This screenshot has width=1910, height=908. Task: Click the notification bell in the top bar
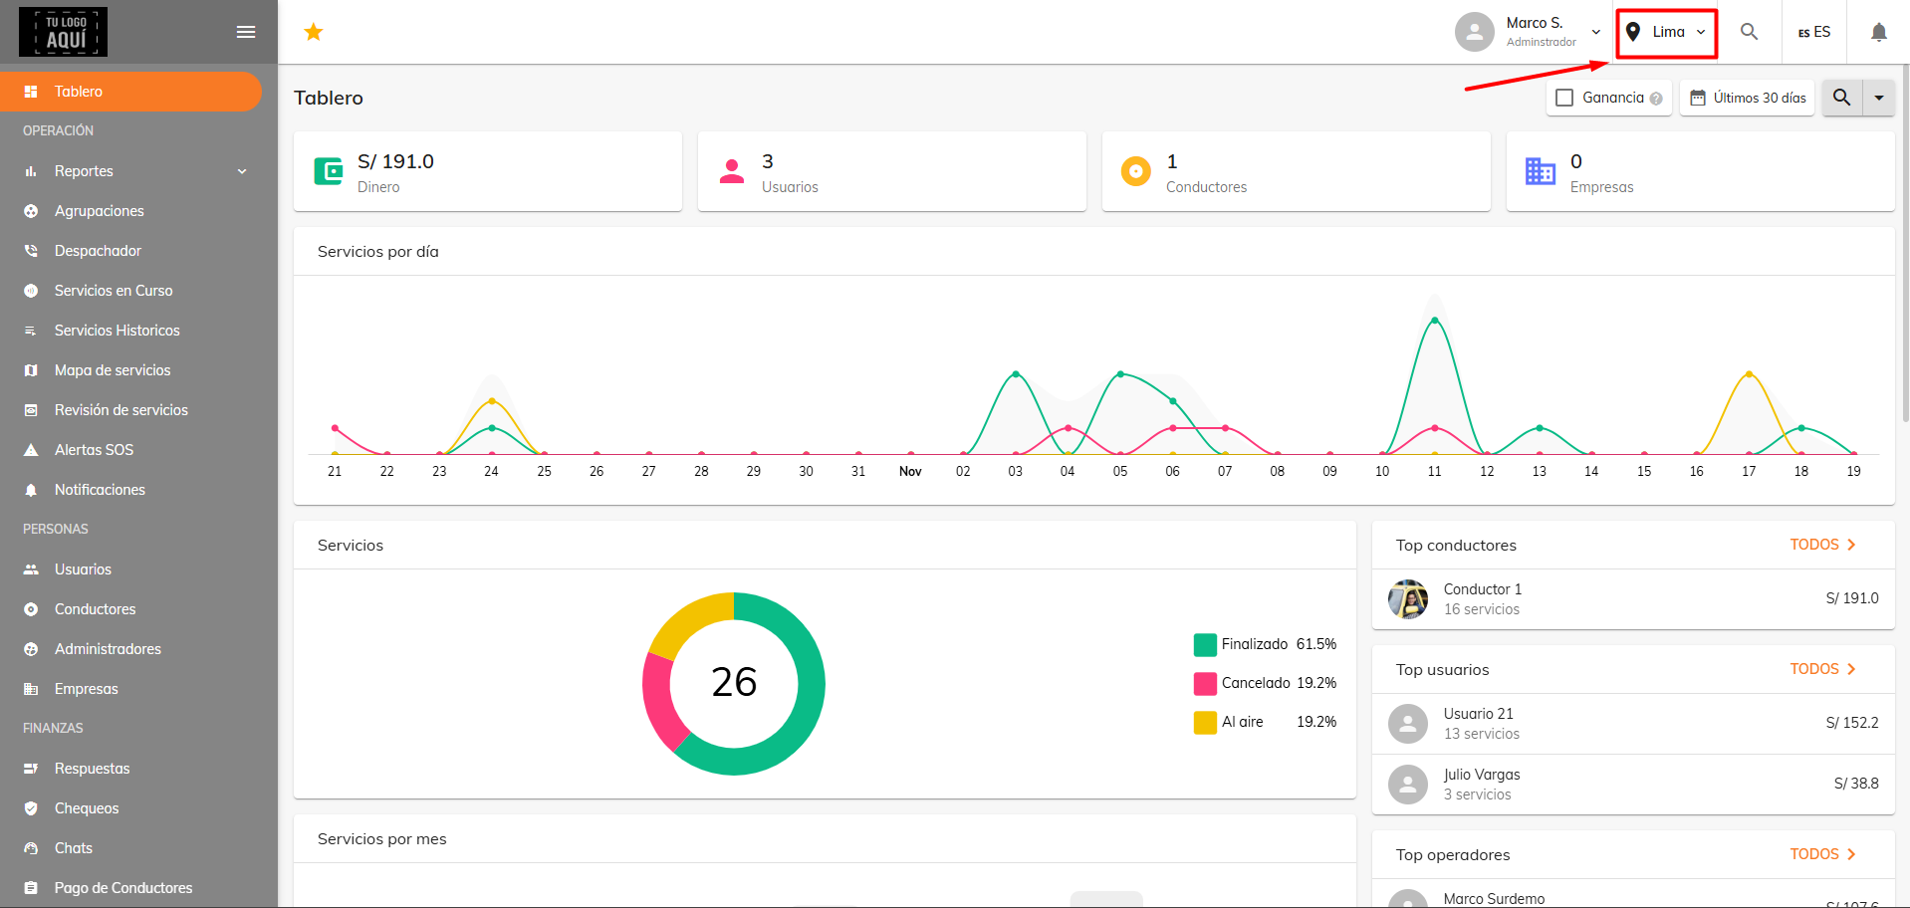point(1879,32)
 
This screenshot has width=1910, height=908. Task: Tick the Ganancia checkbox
point(1564,98)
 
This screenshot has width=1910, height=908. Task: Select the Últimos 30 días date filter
point(1748,98)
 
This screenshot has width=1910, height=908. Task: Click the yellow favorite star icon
point(314,32)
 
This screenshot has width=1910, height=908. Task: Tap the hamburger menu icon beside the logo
point(246,32)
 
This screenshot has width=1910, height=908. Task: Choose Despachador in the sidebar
point(98,251)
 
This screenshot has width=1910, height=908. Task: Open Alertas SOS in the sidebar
point(94,450)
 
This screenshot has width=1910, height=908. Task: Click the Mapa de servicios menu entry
point(113,370)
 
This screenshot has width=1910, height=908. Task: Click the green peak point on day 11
point(1434,320)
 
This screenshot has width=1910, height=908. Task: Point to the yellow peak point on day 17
point(1749,374)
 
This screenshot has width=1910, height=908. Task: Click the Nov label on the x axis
point(910,471)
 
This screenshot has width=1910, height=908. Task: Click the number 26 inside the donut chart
point(734,682)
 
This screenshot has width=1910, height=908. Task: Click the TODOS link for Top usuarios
point(1822,669)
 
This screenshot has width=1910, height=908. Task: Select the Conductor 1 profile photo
point(1408,599)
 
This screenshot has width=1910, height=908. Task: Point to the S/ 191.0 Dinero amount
point(395,161)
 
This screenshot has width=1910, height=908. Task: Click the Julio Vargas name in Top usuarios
point(1482,775)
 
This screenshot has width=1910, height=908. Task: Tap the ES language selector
point(1814,32)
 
